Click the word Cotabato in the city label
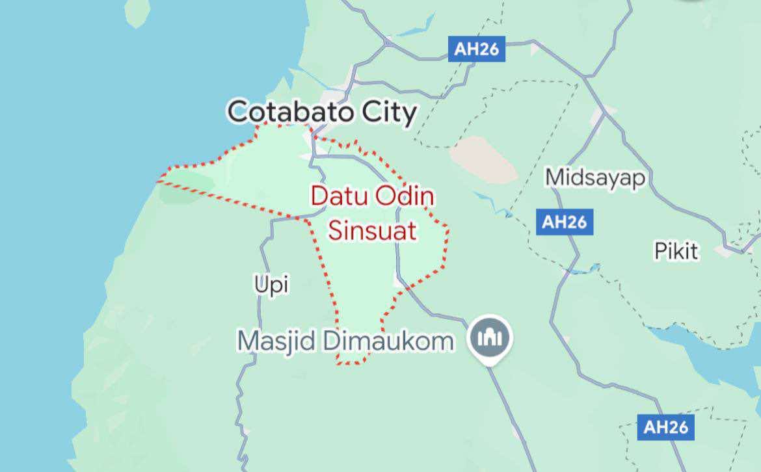(291, 112)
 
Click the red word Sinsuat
(372, 230)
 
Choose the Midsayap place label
(593, 177)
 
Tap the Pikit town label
(676, 250)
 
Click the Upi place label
(271, 283)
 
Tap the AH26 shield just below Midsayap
(564, 222)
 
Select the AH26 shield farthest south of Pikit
(665, 427)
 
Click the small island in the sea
(137, 14)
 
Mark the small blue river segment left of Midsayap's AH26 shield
(499, 205)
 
